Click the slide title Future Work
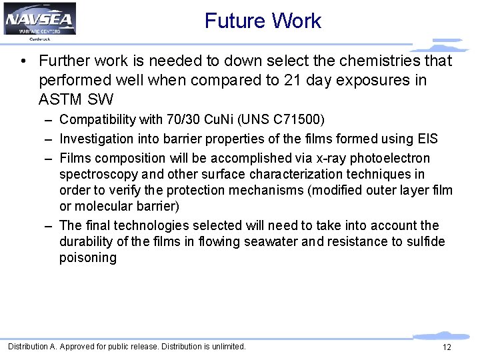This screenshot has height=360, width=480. click(263, 21)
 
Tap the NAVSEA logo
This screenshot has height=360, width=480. click(39, 19)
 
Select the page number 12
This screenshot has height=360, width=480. click(447, 347)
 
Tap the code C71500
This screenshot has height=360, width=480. click(295, 120)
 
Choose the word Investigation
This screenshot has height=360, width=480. click(93, 139)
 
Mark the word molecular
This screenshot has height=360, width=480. click(106, 206)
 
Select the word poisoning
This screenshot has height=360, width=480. click(87, 257)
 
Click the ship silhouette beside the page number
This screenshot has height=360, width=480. click(440, 335)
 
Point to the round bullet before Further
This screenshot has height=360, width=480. click(23, 61)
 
